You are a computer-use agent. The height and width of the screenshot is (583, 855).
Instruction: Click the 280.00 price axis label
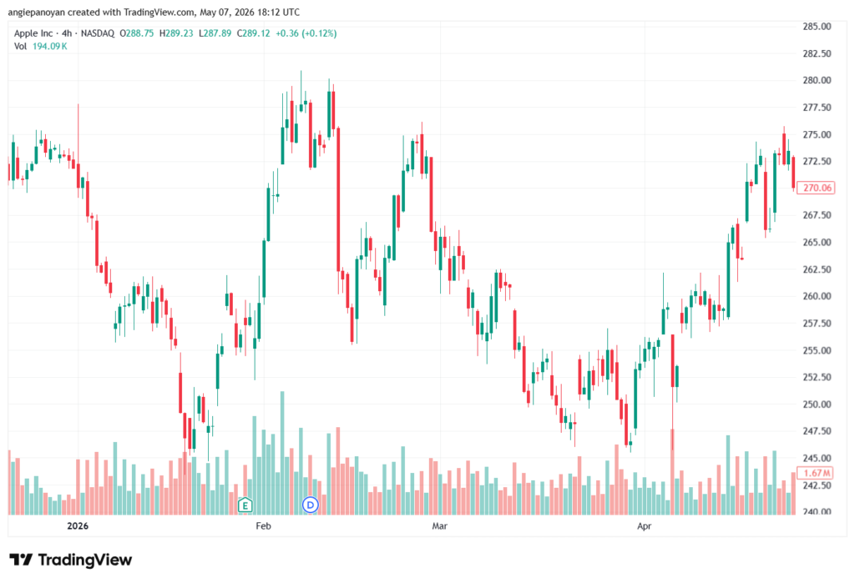817,80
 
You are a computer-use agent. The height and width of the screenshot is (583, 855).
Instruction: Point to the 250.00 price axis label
817,404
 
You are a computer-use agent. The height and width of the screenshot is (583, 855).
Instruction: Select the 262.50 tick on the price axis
817,269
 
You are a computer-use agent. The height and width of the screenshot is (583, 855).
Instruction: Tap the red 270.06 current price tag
817,188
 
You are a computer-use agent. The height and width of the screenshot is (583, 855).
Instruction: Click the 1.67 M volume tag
817,472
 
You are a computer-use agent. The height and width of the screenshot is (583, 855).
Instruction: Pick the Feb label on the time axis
263,525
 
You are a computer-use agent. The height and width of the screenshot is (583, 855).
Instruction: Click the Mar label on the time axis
439,525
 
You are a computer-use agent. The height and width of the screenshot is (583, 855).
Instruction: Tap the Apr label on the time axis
645,525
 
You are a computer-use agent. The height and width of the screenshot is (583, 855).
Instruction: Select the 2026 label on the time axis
78,525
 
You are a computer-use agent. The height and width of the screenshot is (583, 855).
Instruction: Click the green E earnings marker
245,505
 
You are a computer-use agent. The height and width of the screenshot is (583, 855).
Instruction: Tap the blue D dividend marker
311,505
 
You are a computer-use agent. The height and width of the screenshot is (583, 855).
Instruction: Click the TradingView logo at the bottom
71,560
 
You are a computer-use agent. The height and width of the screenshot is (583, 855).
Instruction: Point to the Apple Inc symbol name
33,33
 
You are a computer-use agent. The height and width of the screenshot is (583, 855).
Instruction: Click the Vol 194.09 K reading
40,47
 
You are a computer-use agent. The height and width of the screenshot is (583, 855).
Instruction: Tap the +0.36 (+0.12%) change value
306,33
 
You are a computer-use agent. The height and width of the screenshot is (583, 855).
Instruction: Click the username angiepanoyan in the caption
37,12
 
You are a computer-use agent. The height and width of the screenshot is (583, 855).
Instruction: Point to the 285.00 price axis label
817,26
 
